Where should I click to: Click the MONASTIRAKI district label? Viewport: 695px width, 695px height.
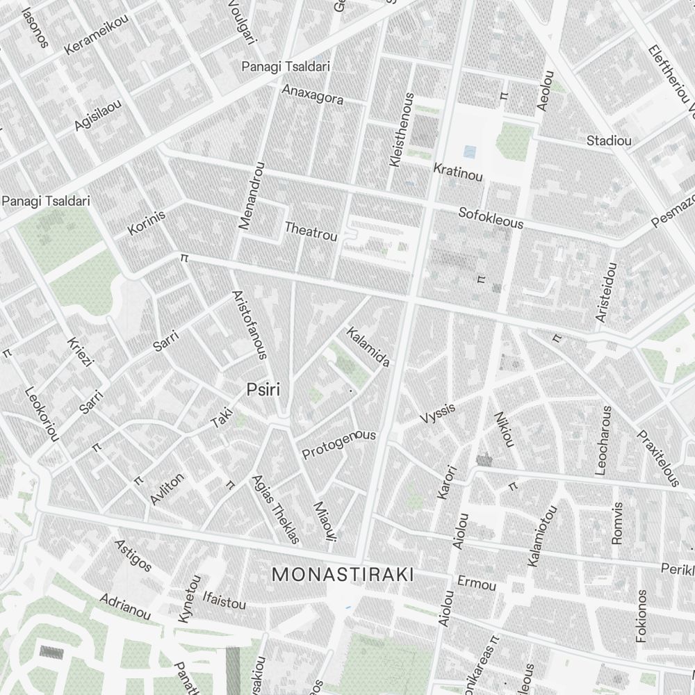click(x=342, y=575)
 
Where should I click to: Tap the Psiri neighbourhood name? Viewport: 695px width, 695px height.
click(x=263, y=390)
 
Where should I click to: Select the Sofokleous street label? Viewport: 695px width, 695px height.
click(x=491, y=218)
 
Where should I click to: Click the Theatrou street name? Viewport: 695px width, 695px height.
click(x=311, y=231)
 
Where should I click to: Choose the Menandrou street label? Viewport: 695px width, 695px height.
click(x=251, y=195)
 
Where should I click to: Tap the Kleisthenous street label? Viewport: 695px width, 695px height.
click(x=402, y=129)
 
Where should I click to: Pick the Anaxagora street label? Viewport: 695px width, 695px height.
click(x=312, y=95)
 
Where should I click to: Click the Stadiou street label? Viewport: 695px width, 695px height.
click(x=609, y=141)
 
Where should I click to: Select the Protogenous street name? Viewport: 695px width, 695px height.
click(x=338, y=444)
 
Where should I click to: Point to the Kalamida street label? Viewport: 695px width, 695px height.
click(x=368, y=346)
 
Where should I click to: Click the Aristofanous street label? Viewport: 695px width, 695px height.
click(x=249, y=325)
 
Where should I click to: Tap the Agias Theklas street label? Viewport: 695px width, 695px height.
click(x=275, y=509)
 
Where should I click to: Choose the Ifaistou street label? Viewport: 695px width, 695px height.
click(x=223, y=599)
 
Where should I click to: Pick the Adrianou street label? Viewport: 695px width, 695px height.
click(x=125, y=606)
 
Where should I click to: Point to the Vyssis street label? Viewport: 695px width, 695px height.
click(x=438, y=414)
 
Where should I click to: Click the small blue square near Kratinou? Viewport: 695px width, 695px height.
click(x=470, y=151)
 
